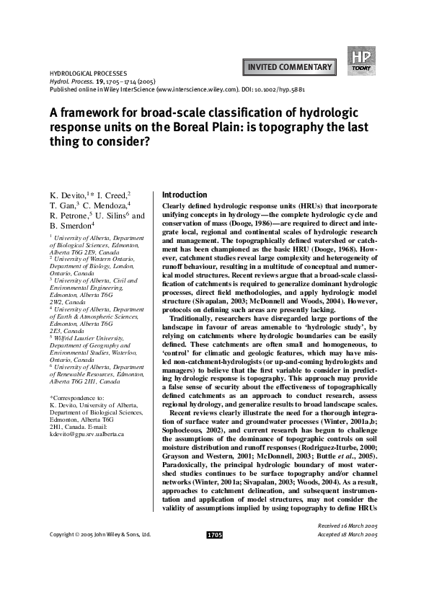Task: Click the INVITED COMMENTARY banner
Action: pos(290,68)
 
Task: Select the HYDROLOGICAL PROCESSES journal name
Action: pos(87,74)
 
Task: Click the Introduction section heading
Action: pos(185,195)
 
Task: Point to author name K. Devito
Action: pos(68,196)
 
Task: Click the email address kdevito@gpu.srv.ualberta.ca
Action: pos(87,434)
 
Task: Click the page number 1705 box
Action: pos(214,576)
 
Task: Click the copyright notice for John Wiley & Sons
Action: pos(100,576)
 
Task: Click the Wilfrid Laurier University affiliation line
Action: pos(89,337)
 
